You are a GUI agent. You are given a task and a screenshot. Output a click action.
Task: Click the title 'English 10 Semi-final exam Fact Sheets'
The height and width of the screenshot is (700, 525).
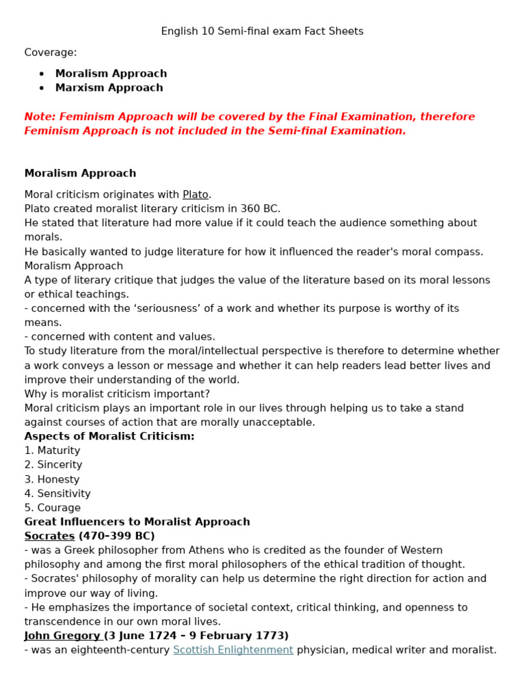pos(262,31)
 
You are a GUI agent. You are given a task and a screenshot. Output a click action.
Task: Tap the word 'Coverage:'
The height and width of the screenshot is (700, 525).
pos(51,53)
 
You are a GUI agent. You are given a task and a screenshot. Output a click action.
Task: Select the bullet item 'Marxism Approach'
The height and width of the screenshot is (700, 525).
pos(109,87)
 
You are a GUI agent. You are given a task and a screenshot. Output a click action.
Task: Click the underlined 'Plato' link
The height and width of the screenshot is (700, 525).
pos(195,195)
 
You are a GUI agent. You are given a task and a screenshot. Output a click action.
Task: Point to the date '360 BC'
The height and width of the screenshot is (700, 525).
pos(260,209)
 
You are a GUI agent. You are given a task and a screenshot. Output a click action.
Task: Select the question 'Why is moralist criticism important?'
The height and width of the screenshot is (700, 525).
pos(117,394)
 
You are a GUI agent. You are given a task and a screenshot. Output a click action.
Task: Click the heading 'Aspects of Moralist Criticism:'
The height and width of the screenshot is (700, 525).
pos(109,436)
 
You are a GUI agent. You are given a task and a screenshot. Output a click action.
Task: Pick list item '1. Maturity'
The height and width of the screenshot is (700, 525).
pos(52,450)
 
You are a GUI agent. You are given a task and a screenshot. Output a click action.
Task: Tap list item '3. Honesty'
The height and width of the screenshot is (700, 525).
pos(52,479)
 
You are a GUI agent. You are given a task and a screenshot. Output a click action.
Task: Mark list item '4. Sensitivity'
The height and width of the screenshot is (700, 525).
pos(57,494)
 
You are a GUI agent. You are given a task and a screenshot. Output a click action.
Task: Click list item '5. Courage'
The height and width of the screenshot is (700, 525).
pos(52,508)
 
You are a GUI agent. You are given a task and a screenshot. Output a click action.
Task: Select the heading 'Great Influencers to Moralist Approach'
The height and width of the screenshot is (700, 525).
pos(137,522)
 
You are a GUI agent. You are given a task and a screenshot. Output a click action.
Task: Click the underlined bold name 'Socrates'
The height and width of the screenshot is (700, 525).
pos(49,536)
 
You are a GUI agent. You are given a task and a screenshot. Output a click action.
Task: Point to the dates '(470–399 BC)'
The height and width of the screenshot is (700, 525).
pos(116,536)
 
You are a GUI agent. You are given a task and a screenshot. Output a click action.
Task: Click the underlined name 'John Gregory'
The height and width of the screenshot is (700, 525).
pos(62,636)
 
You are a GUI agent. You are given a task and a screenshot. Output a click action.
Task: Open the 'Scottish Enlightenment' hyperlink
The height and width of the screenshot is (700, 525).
pos(233,650)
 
